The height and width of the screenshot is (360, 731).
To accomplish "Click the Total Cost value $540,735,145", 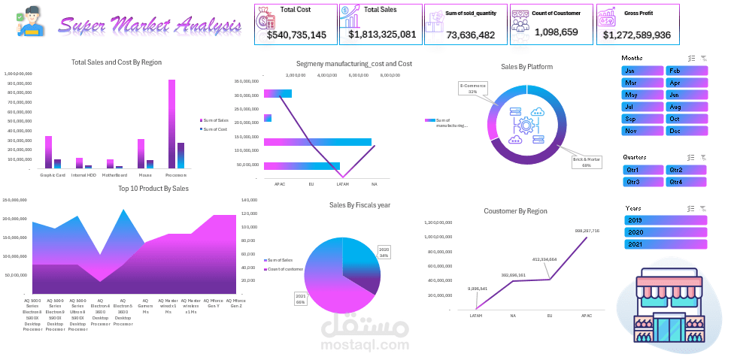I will click(296, 35).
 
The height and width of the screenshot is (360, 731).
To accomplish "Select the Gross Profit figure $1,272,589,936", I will click(635, 35).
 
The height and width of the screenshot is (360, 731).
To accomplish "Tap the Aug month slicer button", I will click(686, 107).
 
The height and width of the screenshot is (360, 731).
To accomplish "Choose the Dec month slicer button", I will click(686, 131).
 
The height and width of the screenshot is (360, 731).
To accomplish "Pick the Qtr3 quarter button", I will click(642, 182).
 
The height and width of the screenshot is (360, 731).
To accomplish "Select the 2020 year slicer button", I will click(666, 232).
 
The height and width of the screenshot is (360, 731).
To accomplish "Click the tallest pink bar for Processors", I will click(171, 124).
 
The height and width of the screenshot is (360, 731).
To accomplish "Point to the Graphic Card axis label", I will click(53, 175).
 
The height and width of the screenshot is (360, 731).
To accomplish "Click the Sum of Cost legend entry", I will click(215, 129).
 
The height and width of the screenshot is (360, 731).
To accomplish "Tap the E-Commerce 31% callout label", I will click(473, 89).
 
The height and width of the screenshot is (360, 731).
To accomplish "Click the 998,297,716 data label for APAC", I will click(587, 231).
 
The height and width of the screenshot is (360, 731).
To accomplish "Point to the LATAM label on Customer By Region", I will click(476, 316).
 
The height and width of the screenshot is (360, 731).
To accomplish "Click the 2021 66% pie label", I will click(300, 298).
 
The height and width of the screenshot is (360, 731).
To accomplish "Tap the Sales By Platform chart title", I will click(526, 67).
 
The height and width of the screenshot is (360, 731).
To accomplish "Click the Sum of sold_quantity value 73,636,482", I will click(470, 35).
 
